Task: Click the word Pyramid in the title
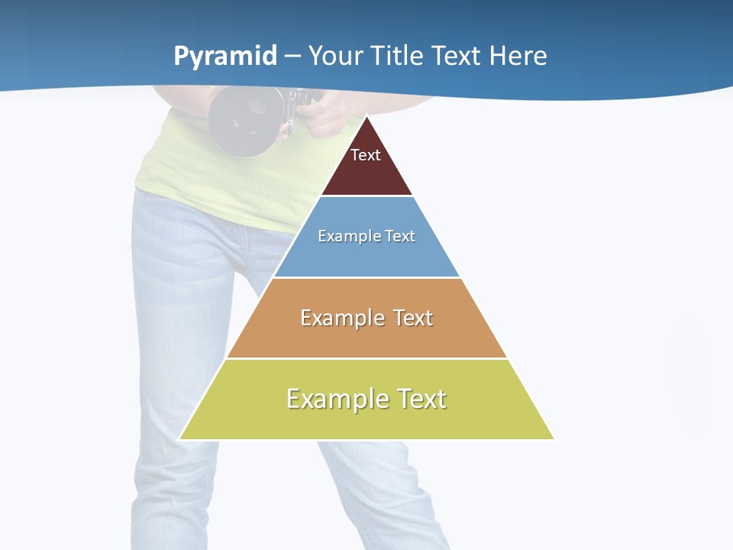pos(225,57)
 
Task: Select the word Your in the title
pos(335,56)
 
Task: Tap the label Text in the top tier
pos(366,155)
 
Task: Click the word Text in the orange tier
pos(413,318)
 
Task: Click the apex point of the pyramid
pos(366,117)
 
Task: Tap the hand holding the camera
pos(325,115)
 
